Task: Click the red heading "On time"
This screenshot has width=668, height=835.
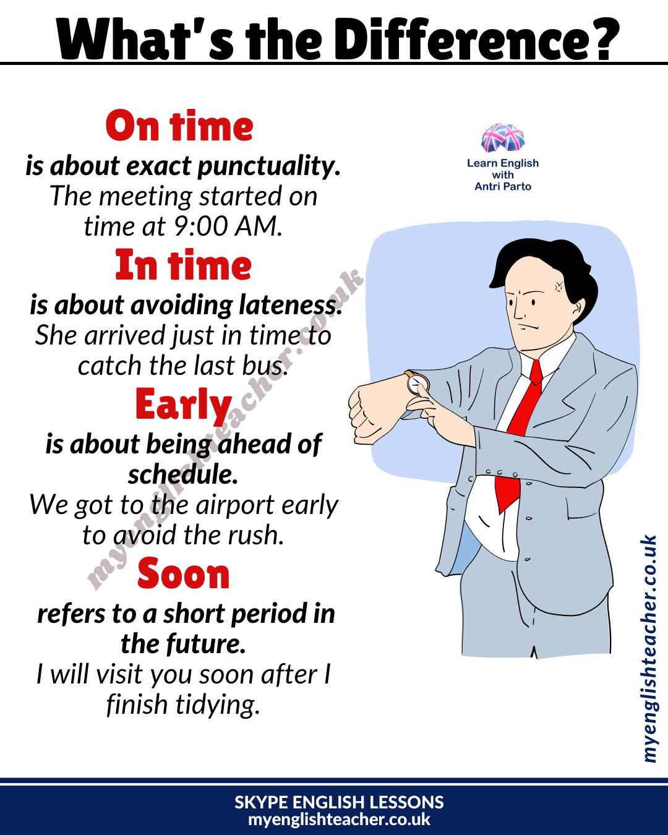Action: point(179,127)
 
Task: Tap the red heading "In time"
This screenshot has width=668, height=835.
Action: point(183,266)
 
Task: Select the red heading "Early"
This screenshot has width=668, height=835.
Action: point(183,406)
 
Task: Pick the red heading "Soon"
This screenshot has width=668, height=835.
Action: point(183,575)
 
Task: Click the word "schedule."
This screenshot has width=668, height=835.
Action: point(183,474)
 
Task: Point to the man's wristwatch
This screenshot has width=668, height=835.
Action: point(418,384)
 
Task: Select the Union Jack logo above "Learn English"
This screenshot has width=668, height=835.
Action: point(503,138)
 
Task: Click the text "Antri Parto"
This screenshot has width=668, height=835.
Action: point(503,186)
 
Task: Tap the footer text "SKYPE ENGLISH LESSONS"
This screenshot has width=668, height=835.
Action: point(339,802)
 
